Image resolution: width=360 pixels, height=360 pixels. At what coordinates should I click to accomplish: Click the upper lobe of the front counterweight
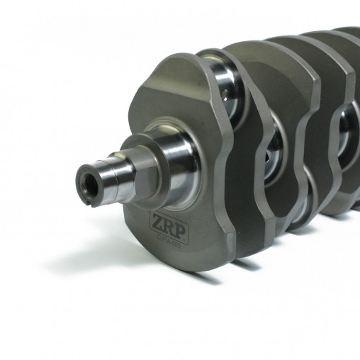click(177, 78)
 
